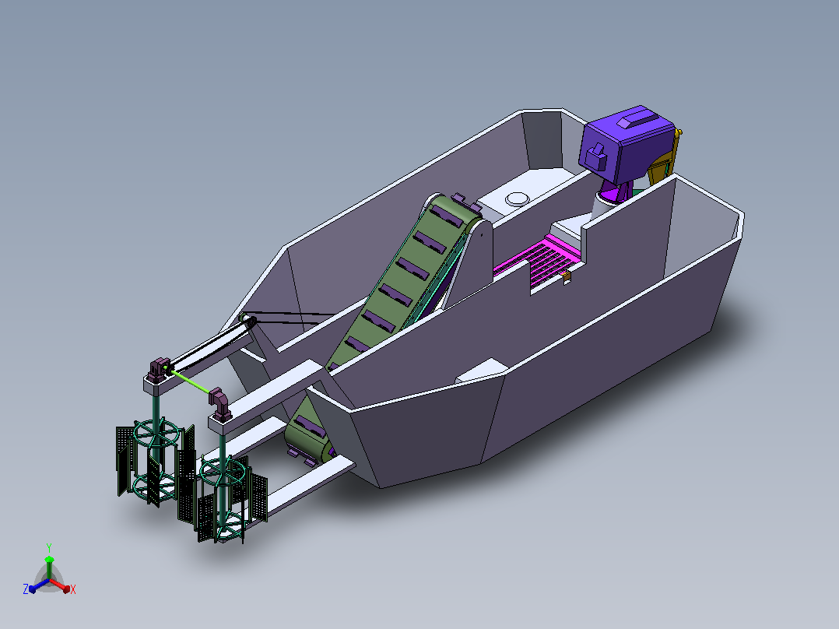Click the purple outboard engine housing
click(x=626, y=143)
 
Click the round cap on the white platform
click(x=517, y=199)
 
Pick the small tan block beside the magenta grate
click(x=567, y=276)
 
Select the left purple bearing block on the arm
click(x=159, y=370)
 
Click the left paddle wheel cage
click(x=155, y=462)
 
